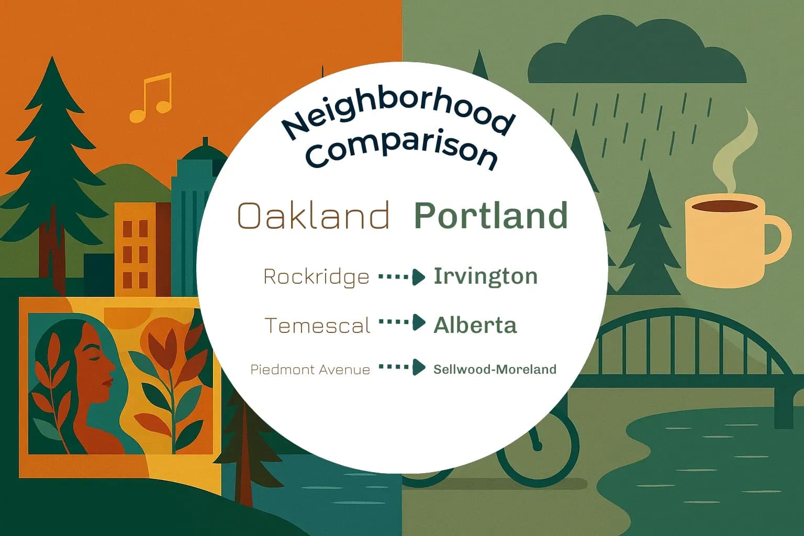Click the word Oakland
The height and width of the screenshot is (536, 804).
pos(314,216)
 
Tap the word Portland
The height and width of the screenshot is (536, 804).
pos(490,216)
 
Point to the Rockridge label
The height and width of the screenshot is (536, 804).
pos(316,276)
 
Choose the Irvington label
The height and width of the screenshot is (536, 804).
pos(485,276)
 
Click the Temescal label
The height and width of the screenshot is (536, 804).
pos(318,326)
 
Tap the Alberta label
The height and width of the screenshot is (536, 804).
pos(475,325)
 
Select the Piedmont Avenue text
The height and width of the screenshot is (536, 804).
pos(310,370)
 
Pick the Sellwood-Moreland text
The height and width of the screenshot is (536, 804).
pos(495,369)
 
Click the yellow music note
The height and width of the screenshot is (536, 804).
pos(151,98)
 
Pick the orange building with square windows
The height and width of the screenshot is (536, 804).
pos(135,249)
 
